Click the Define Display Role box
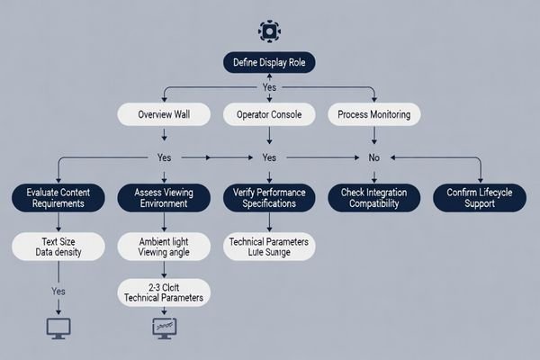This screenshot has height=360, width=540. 269,62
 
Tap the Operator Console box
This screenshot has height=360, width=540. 268,114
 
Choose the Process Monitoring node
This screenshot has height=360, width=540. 373,114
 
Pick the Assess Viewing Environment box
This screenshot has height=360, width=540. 163,198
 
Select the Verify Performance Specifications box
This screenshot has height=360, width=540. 268,198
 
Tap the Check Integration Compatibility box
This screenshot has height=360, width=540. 374,198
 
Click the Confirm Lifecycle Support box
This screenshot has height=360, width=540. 480,198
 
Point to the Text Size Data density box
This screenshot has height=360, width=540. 57,247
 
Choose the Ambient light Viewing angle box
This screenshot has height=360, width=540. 163,247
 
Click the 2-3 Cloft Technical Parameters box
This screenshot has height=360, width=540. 163,291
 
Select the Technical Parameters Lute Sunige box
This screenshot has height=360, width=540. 268,247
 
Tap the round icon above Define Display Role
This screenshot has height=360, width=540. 268,31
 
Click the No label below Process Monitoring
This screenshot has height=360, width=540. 373,157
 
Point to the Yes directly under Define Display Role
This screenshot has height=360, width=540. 268,88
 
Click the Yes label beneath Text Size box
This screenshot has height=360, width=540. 57,292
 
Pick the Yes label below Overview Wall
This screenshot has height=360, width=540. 163,157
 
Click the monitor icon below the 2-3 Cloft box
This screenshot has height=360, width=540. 164,328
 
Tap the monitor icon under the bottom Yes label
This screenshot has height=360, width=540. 58,328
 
